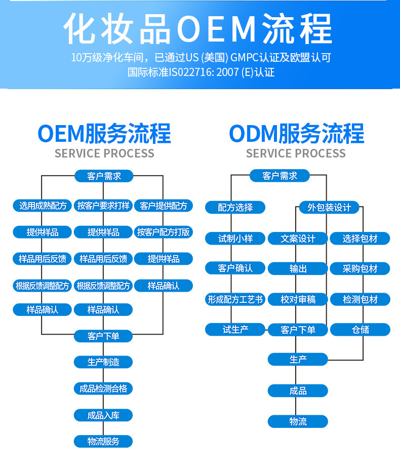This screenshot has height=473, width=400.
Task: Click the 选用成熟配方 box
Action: pyautogui.click(x=43, y=206)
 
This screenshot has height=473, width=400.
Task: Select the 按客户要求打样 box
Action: pyautogui.click(x=103, y=206)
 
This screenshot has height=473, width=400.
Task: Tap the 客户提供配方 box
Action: pyautogui.click(x=164, y=206)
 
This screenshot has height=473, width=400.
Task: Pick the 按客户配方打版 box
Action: pyautogui.click(x=164, y=232)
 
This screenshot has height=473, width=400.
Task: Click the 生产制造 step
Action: pyautogui.click(x=103, y=362)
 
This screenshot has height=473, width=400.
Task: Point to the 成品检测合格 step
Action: pyautogui.click(x=103, y=388)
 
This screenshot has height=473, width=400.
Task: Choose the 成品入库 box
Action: pyautogui.click(x=103, y=415)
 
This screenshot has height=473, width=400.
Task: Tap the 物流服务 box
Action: pyautogui.click(x=103, y=441)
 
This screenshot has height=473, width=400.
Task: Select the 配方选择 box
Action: pyautogui.click(x=235, y=207)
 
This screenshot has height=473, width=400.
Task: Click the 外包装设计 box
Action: pyautogui.click(x=329, y=207)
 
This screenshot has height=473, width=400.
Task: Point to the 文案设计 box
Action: pyautogui.click(x=298, y=238)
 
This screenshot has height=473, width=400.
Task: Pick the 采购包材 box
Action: pyautogui.click(x=360, y=269)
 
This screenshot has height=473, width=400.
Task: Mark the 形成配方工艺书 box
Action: pyautogui.click(x=235, y=299)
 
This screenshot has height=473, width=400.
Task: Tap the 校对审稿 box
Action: pyautogui.click(x=298, y=299)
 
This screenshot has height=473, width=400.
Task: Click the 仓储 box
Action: pyautogui.click(x=360, y=330)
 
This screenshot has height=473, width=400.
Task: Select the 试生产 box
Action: pyautogui.click(x=235, y=330)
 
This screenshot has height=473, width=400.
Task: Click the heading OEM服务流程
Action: pyautogui.click(x=104, y=134)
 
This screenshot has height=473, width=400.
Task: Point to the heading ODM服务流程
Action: pyautogui.click(x=296, y=134)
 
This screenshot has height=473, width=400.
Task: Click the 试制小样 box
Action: pyautogui.click(x=235, y=238)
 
